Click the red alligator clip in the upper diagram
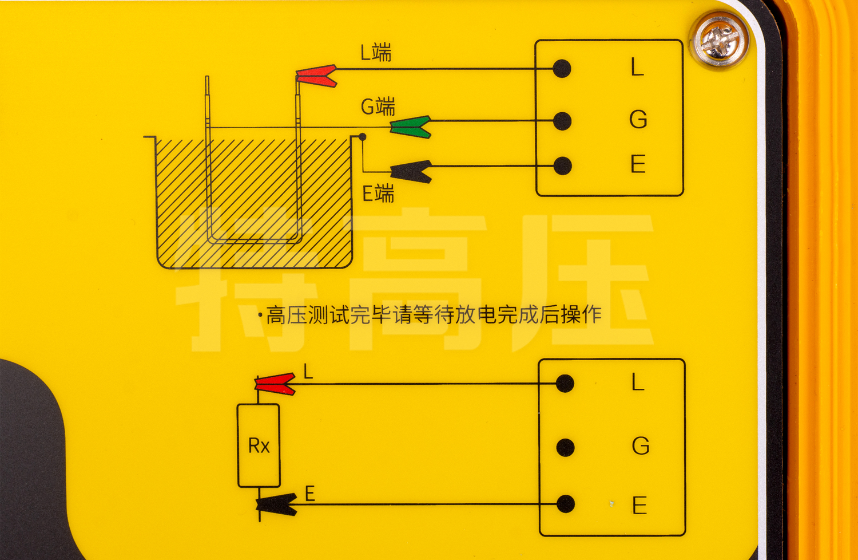pos(316,76)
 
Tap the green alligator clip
pos(411,127)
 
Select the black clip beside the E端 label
pos(411,171)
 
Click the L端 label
pos(376,53)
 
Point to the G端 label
pos(378,107)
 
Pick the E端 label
pos(378,194)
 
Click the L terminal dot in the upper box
pos(562,69)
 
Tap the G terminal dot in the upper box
pos(563,121)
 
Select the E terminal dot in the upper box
pos(563,166)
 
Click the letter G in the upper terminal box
pos(638,120)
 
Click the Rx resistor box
pos(259,445)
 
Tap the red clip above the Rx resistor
pos(275,384)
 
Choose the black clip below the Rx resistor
pos(277,504)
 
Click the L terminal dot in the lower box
pos(565,383)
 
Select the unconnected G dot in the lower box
pos(565,447)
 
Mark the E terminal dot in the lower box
pos(566,504)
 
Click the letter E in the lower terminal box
pos(639,506)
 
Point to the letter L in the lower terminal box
pos(638,382)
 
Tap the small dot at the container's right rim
pos(362,137)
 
